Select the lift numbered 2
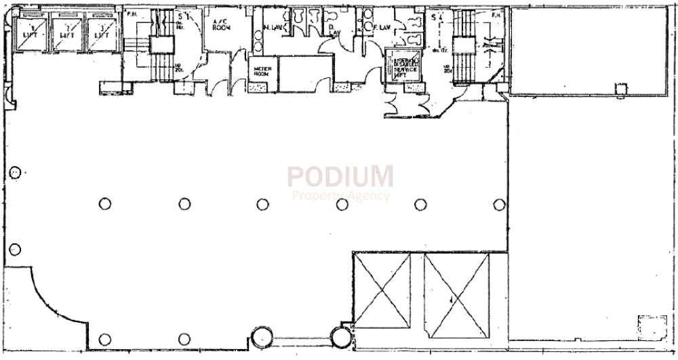(66, 34)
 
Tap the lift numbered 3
(102, 34)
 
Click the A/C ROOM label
(221, 25)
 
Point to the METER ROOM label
(262, 72)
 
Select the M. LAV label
(272, 28)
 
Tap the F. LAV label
(382, 28)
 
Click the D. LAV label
(334, 29)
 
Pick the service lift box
(403, 66)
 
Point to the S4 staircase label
(435, 16)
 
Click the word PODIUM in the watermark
(340, 176)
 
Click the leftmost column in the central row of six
(104, 203)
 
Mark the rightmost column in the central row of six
(499, 204)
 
